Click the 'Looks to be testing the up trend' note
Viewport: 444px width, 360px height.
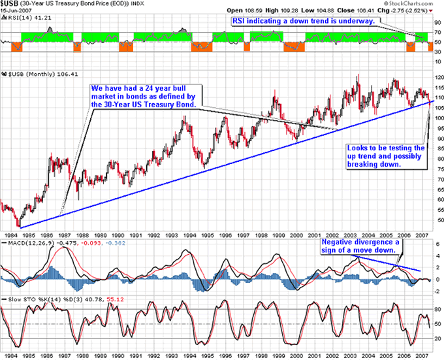(x=384, y=157)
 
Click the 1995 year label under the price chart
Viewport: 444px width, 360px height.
(x=208, y=233)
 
